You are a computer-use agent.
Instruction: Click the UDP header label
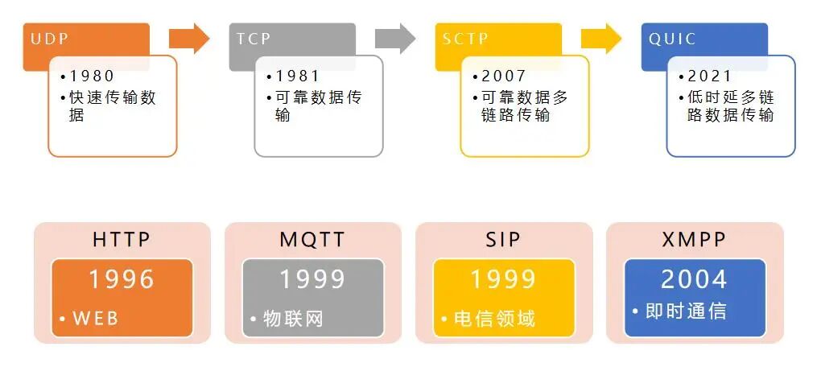point(49,39)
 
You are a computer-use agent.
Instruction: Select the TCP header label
point(254,39)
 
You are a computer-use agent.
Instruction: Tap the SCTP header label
point(465,39)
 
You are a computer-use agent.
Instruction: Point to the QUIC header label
point(672,39)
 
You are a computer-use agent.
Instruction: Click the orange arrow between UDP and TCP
point(189,38)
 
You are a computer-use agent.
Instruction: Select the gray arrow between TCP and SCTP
point(395,38)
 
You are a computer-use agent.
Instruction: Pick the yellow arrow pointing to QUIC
point(601,38)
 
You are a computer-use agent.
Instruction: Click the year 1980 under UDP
point(92,76)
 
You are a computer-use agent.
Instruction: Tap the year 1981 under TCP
point(298,76)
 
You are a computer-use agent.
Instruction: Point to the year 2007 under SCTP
point(504,76)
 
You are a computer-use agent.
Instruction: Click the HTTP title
point(122,240)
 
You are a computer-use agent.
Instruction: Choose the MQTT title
point(312,240)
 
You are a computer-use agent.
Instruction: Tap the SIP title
point(504,240)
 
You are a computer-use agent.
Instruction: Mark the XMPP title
point(694,240)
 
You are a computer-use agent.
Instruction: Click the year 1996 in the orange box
point(122,278)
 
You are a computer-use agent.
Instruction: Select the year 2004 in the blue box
point(694,278)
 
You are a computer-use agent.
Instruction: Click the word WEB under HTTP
point(96,318)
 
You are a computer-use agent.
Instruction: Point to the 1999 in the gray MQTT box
point(312,278)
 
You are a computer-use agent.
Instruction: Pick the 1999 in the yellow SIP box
point(504,278)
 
